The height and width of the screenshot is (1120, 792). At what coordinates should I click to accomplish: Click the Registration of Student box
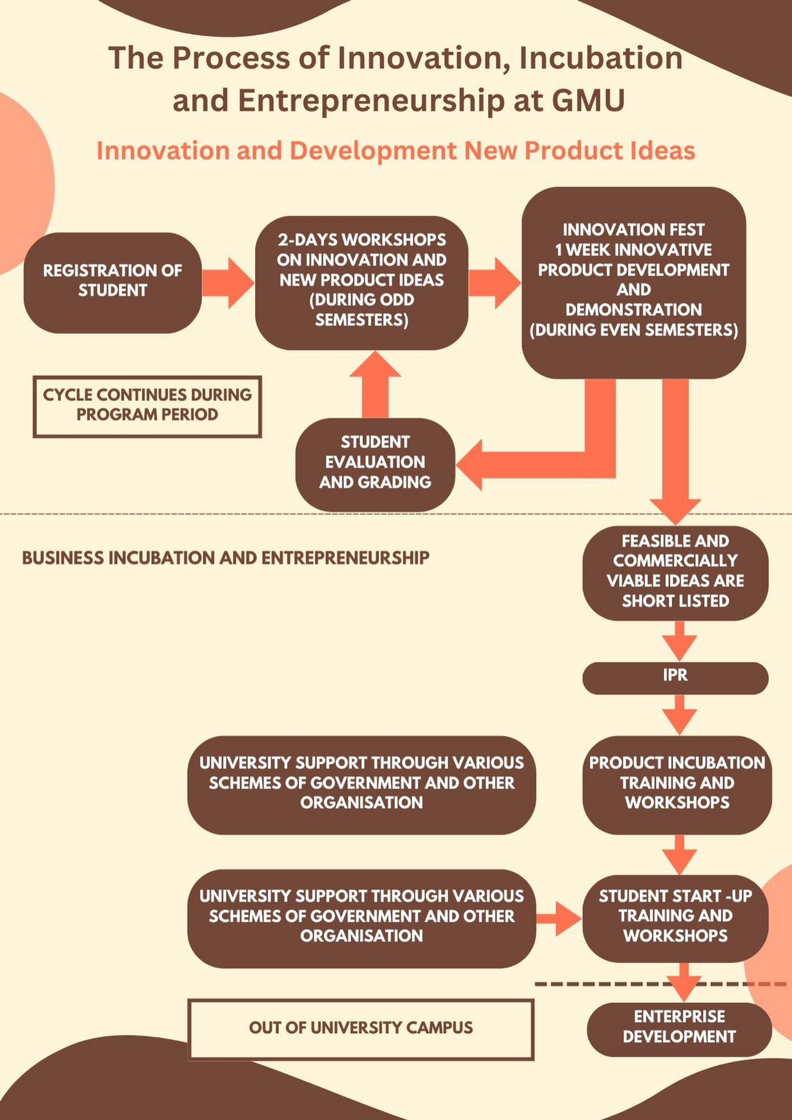[x=112, y=283]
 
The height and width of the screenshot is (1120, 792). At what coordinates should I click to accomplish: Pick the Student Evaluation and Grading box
[x=375, y=463]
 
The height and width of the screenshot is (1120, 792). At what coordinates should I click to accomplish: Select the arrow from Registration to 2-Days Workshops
[x=228, y=283]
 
